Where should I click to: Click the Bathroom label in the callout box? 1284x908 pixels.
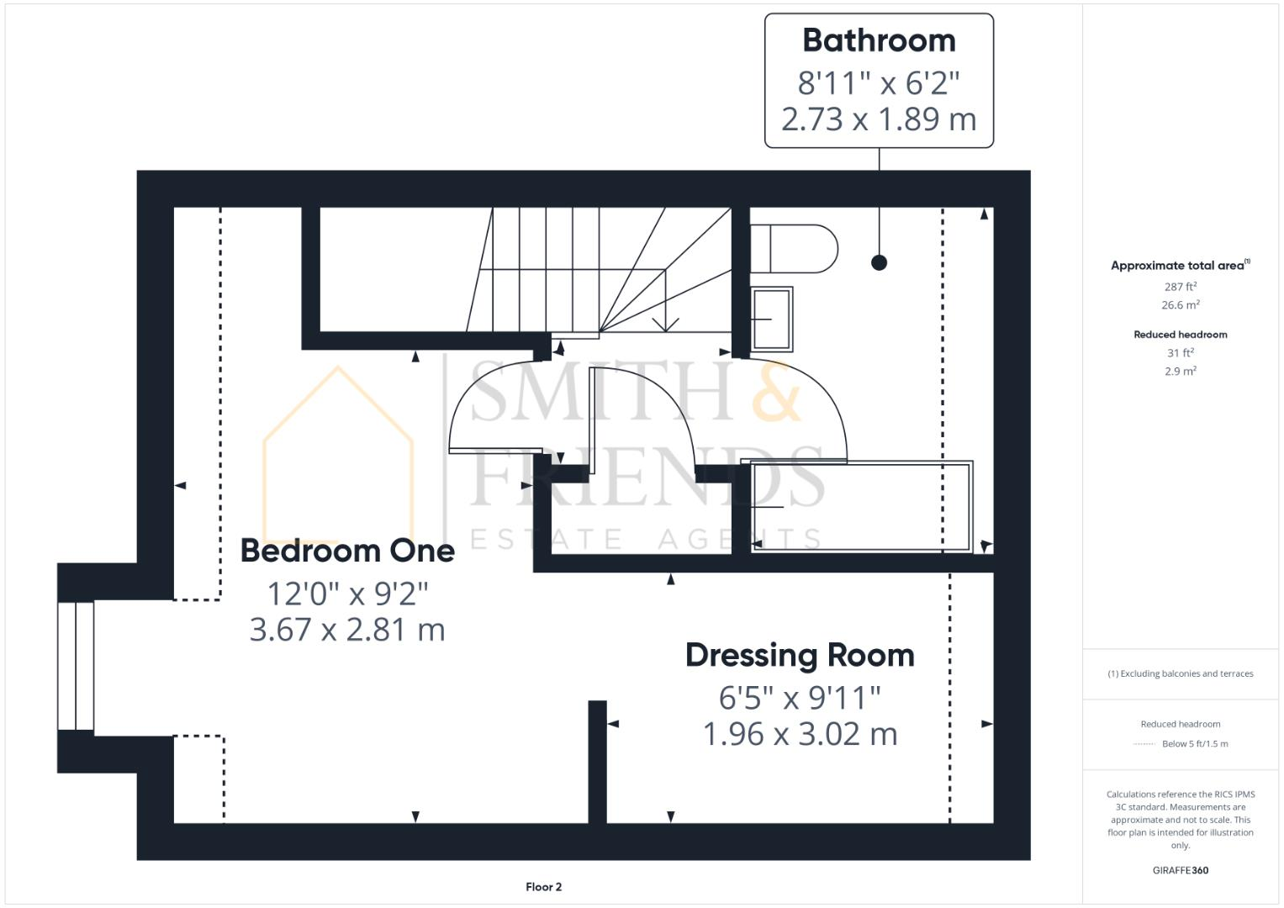pyautogui.click(x=879, y=40)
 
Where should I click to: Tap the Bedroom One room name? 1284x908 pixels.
pyautogui.click(x=347, y=551)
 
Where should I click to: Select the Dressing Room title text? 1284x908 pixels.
pyautogui.click(x=800, y=655)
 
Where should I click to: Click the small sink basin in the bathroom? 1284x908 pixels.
pyautogui.click(x=772, y=319)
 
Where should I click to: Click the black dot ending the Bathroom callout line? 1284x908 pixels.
pyautogui.click(x=879, y=263)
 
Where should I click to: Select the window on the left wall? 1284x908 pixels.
pyautogui.click(x=76, y=666)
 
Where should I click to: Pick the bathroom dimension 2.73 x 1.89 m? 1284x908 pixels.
pyautogui.click(x=879, y=119)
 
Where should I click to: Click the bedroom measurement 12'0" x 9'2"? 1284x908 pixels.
pyautogui.click(x=347, y=594)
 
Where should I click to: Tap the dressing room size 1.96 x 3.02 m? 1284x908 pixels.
pyautogui.click(x=800, y=734)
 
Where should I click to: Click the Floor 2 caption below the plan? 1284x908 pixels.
pyautogui.click(x=543, y=887)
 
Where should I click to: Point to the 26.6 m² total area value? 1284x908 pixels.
pyautogui.click(x=1181, y=305)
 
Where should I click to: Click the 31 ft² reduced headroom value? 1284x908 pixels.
pyautogui.click(x=1181, y=353)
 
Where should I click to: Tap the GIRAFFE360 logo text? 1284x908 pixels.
pyautogui.click(x=1180, y=870)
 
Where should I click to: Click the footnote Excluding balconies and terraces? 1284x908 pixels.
pyautogui.click(x=1181, y=673)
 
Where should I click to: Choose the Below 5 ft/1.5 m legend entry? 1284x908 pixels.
pyautogui.click(x=1194, y=744)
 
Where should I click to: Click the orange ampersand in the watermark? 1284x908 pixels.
pyautogui.click(x=775, y=392)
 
